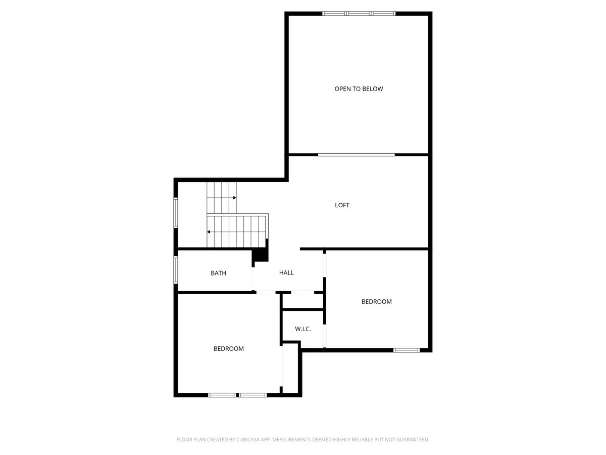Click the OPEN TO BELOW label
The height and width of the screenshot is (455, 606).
pyautogui.click(x=359, y=89)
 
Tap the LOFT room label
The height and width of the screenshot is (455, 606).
pyautogui.click(x=342, y=205)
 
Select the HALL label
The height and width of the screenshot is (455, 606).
pyautogui.click(x=286, y=272)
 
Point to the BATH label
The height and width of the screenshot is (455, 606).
pyautogui.click(x=218, y=273)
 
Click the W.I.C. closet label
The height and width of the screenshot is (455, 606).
pyautogui.click(x=302, y=329)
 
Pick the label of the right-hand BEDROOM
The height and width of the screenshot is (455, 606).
pyautogui.click(x=376, y=302)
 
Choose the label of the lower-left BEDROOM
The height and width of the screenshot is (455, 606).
pyautogui.click(x=228, y=349)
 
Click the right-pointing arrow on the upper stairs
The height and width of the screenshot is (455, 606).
pyautogui.click(x=234, y=198)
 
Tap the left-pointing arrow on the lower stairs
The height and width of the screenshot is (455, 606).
pyautogui.click(x=209, y=232)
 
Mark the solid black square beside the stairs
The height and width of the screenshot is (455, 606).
pyautogui.click(x=260, y=255)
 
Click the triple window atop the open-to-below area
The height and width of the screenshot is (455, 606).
pyautogui.click(x=359, y=14)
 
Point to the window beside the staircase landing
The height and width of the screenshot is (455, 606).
pyautogui.click(x=176, y=212)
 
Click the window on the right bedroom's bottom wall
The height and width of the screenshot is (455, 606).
pyautogui.click(x=407, y=350)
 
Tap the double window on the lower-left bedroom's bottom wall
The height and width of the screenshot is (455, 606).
pyautogui.click(x=237, y=395)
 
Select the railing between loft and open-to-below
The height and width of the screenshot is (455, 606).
pyautogui.click(x=357, y=154)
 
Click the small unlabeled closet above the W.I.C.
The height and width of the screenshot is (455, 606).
pyautogui.click(x=302, y=301)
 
